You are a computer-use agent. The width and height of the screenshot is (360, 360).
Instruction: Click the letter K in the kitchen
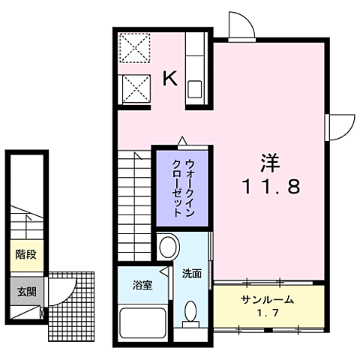tap(171, 78)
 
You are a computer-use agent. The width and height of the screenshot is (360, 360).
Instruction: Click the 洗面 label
tap(191, 274)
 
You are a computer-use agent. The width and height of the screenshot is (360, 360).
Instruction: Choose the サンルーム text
tap(267, 299)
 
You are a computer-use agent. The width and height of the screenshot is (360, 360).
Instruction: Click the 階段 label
tap(25, 253)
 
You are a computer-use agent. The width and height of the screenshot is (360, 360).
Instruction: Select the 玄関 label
tap(25, 291)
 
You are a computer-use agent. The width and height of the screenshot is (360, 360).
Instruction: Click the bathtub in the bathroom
tap(143, 324)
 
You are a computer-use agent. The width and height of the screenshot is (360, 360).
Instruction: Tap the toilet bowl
tap(191, 311)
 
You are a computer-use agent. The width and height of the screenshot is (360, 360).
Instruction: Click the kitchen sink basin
tap(194, 91)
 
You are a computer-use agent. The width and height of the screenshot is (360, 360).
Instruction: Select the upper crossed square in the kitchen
tap(136, 49)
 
